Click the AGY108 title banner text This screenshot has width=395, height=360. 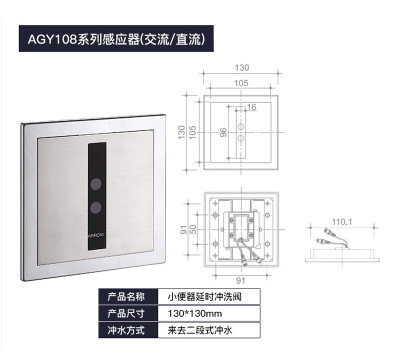click(x=116, y=39)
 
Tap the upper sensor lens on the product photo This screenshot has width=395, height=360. click(x=96, y=184)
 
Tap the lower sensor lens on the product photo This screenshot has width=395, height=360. click(x=96, y=207)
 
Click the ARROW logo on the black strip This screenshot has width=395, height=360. click(x=95, y=235)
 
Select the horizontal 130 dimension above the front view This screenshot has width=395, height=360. click(x=242, y=68)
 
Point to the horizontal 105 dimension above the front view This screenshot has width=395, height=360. click(x=241, y=83)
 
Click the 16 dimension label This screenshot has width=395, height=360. click(x=251, y=107)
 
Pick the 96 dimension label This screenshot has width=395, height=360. click(x=223, y=132)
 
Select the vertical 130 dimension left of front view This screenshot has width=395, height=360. click(x=181, y=132)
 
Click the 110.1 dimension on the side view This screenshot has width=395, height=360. click(x=342, y=222)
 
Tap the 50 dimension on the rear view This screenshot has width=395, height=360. click(x=192, y=229)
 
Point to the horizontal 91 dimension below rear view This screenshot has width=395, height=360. click(x=240, y=280)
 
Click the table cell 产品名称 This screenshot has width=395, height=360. click(x=126, y=297)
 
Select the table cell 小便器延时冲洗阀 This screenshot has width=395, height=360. click(x=204, y=297)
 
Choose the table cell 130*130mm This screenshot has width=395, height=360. click(x=194, y=313)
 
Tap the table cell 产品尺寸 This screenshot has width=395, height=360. click(x=126, y=313)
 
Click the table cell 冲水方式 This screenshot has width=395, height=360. click(x=126, y=330)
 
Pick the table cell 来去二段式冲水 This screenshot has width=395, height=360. click(x=200, y=330)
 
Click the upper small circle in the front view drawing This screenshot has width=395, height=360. click(x=241, y=126)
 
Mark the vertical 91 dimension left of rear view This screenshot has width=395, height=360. click(x=183, y=229)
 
